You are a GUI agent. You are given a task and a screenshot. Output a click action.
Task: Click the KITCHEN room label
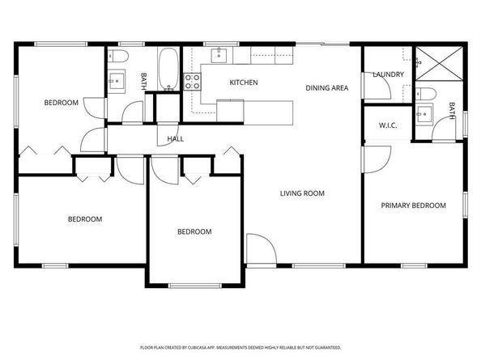click(x=244, y=83)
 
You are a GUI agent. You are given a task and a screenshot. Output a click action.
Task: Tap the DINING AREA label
click(x=327, y=88)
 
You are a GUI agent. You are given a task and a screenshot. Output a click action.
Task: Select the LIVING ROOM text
click(x=302, y=193)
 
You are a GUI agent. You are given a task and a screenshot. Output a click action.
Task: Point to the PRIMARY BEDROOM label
click(x=413, y=205)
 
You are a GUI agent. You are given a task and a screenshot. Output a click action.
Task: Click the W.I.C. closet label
click(x=388, y=125)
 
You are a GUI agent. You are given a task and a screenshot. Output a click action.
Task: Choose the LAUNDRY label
click(x=389, y=74)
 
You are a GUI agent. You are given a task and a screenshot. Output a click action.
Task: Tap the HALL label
click(x=176, y=139)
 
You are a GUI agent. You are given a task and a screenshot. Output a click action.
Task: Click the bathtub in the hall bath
click(x=168, y=69)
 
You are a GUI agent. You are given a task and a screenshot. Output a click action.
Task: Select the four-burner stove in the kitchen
click(x=193, y=82)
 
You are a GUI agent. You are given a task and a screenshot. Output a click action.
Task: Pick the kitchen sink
click(x=219, y=55)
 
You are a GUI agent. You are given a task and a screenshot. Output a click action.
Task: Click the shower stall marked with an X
click(x=439, y=63)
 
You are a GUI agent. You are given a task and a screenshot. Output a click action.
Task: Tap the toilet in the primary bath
click(x=426, y=94)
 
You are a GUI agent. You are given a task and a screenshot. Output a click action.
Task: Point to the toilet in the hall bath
click(x=118, y=56)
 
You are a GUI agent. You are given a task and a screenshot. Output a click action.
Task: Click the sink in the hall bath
click(x=117, y=81)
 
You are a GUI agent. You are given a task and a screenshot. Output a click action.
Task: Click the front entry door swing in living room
click(x=262, y=248)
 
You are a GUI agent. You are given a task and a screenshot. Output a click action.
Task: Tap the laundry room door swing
click(x=377, y=86)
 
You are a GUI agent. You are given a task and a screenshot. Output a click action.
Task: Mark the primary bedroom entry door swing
click(x=377, y=159)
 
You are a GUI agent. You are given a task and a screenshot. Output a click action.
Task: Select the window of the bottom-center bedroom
click(x=195, y=286)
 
